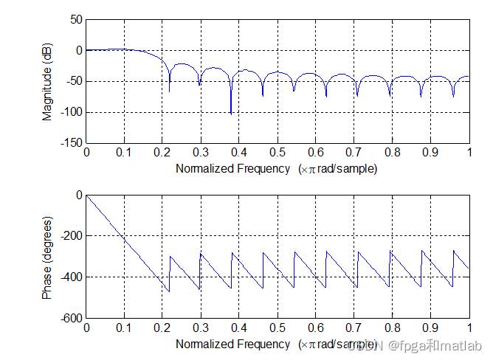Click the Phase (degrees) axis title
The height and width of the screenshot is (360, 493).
pos(47,257)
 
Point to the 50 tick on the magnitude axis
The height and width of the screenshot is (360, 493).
pos(76,20)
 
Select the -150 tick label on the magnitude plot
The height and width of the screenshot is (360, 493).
pos(71,142)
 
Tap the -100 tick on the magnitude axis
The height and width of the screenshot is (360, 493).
pos(71,112)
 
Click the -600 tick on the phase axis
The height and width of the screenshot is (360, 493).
pos(71,318)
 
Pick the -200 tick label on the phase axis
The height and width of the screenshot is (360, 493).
pos(71,236)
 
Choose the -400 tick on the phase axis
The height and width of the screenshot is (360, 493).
pos(71,277)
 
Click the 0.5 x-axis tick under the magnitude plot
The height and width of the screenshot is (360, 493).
pos(277,152)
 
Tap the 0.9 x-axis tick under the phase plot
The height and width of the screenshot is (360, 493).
pos(431,328)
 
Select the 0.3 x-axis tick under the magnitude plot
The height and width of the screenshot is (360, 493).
pos(201,152)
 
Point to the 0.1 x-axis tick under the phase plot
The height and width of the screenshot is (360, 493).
pos(124,328)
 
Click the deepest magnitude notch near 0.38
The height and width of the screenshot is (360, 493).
pos(231,113)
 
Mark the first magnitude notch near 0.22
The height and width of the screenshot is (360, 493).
pos(170,91)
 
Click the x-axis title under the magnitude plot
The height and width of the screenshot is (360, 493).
pos(277,168)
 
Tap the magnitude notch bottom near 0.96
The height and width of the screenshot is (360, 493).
pos(453,97)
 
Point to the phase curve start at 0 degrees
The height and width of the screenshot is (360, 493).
pos(87,195)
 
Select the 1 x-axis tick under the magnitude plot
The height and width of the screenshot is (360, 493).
pos(469,152)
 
